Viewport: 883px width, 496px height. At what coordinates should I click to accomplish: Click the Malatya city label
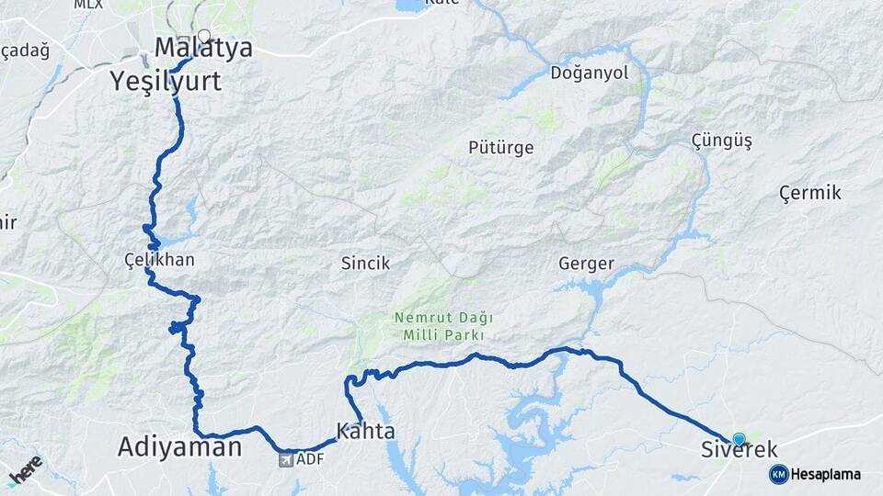click(203, 49)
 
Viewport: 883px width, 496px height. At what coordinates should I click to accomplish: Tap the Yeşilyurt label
click(166, 81)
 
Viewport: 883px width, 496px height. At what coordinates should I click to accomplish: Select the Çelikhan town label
click(159, 260)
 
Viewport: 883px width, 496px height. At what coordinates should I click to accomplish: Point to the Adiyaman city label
click(179, 447)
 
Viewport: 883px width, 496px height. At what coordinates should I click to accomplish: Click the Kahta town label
click(365, 431)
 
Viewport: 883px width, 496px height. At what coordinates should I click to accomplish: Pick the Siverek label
click(739, 450)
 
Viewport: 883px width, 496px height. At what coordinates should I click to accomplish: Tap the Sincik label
click(365, 264)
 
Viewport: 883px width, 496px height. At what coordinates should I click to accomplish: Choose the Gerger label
click(586, 264)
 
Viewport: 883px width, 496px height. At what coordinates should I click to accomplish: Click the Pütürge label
click(500, 147)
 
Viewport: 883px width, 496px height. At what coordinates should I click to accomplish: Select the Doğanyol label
click(588, 73)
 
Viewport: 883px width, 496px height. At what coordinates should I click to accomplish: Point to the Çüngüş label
click(721, 141)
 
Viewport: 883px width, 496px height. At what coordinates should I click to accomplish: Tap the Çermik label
click(809, 193)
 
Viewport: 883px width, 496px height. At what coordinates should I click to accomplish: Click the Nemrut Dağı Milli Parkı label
click(443, 326)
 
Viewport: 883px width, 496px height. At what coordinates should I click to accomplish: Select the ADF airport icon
click(286, 458)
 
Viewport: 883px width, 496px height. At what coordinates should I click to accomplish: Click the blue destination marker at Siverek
click(739, 439)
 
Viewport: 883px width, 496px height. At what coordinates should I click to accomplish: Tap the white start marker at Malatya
click(204, 37)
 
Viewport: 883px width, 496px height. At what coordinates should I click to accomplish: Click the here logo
click(25, 469)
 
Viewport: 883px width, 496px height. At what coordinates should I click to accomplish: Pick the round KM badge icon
click(778, 474)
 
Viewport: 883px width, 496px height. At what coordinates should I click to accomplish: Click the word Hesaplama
click(825, 475)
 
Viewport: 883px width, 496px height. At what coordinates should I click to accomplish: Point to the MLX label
click(88, 5)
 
